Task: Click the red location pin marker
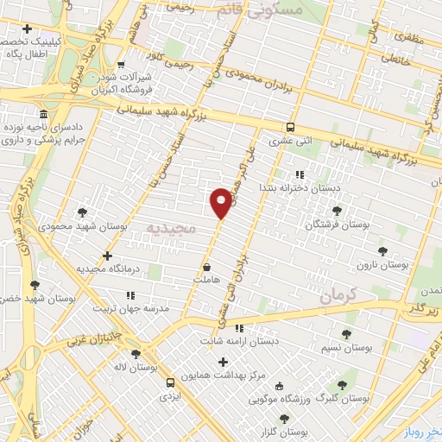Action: coord(221,202)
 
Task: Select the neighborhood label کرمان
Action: coord(337,296)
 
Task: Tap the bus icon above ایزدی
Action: coord(169,381)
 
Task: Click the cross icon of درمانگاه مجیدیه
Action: coord(107,256)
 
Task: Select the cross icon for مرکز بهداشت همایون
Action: coord(224,362)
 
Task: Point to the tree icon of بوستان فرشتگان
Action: coord(337,210)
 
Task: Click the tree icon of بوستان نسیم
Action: coord(346,333)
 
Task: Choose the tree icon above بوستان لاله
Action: coord(134,354)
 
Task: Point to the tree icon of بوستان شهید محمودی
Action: coord(82,212)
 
